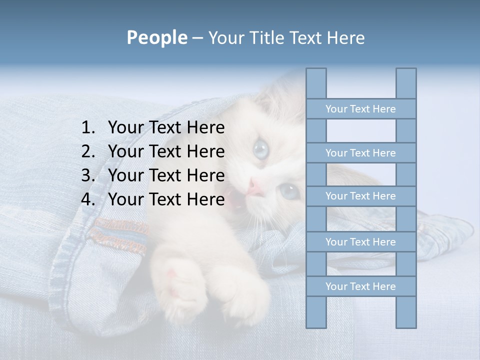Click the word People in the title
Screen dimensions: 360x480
pyautogui.click(x=156, y=38)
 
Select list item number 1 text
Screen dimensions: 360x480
pyautogui.click(x=166, y=128)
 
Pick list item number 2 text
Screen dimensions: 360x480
pyautogui.click(x=166, y=151)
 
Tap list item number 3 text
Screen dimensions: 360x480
pyautogui.click(x=166, y=175)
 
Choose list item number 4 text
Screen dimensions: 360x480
pyautogui.click(x=166, y=199)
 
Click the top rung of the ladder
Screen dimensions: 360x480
pyautogui.click(x=360, y=109)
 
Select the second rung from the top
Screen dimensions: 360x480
pyautogui.click(x=360, y=153)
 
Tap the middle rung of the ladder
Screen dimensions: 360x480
pyautogui.click(x=360, y=196)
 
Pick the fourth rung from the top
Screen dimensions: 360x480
pyautogui.click(x=360, y=242)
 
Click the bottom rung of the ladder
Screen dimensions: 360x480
pyautogui.click(x=360, y=286)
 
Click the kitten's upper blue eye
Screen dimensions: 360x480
pyautogui.click(x=260, y=148)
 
